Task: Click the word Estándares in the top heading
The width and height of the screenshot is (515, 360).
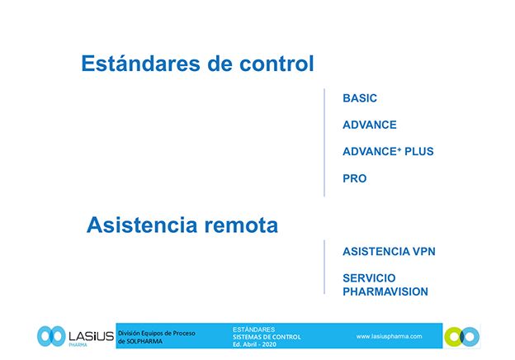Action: pos(140,63)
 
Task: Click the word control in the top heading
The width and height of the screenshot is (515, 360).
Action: pos(276,63)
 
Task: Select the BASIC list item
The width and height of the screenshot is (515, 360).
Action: pos(360,98)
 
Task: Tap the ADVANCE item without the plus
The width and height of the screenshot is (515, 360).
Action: pos(370,125)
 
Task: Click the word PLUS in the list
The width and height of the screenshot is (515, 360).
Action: pos(419,151)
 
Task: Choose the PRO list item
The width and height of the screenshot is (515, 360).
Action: pos(354,178)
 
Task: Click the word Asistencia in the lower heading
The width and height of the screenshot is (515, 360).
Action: pos(142,225)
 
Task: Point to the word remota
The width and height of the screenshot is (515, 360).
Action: pos(241,225)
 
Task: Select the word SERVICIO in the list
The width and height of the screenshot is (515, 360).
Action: pos(369,278)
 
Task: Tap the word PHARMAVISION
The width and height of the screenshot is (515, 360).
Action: pos(385,291)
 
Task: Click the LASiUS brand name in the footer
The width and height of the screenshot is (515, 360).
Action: pos(91,336)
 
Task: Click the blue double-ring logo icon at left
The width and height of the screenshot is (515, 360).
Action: pos(51,336)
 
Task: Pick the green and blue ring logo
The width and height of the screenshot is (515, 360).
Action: pos(462,337)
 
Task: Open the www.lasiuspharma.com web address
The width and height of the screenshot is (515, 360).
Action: pos(389,336)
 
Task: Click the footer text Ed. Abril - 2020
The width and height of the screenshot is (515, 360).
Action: pos(254,344)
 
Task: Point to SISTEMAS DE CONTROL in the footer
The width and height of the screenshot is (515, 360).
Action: pos(267,337)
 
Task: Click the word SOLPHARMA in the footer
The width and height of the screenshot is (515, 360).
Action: pos(144,341)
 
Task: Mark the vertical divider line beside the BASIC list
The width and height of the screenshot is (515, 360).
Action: pos(324,143)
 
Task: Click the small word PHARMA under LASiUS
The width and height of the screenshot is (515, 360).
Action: pos(78,345)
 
